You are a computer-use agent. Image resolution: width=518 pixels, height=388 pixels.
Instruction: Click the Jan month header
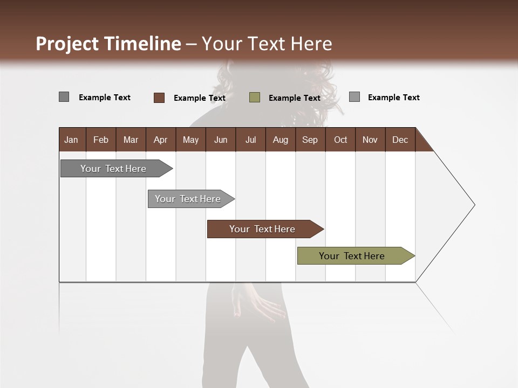pos(72,140)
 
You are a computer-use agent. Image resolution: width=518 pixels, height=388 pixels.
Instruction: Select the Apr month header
pos(161,140)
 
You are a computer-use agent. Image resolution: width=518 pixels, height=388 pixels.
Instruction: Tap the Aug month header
pos(281,140)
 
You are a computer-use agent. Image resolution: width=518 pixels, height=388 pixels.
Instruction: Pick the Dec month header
pos(400,140)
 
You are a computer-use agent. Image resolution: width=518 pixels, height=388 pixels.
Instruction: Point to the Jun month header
pos(221,140)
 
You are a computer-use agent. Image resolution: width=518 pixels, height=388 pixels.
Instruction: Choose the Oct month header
pos(340,140)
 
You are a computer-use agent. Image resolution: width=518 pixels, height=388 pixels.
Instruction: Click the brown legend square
pos(159,98)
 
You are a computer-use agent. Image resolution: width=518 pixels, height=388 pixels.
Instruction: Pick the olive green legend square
pos(255,98)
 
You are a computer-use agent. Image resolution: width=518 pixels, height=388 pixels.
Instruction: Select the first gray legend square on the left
pos(64,97)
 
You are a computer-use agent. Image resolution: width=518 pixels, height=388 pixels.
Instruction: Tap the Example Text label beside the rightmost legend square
pos(393,98)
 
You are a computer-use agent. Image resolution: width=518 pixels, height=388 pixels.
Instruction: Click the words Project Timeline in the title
pos(108,44)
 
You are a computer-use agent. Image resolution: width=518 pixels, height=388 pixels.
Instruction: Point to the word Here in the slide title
pos(311,44)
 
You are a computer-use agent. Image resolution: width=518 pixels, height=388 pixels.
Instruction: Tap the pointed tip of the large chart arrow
pos(473,205)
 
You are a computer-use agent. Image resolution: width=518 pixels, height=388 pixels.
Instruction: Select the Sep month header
pos(310,140)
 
